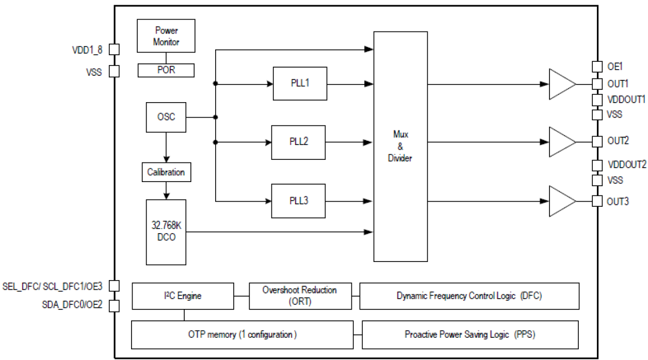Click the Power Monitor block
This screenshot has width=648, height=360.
click(x=166, y=36)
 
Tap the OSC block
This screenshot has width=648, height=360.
click(x=166, y=117)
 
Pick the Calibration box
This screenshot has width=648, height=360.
click(x=166, y=172)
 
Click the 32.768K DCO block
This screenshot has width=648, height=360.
click(x=166, y=231)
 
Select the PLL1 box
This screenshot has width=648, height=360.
click(x=300, y=84)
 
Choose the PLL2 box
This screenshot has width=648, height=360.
click(x=299, y=142)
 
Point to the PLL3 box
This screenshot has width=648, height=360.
click(x=299, y=201)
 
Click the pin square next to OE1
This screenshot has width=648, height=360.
click(x=597, y=67)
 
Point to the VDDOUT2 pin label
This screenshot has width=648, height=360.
click(x=627, y=165)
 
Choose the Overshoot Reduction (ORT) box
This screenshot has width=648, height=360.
click(x=300, y=296)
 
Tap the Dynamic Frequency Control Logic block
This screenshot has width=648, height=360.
click(x=469, y=296)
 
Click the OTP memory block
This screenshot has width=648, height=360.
click(x=242, y=334)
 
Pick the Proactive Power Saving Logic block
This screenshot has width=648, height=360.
click(x=470, y=334)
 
